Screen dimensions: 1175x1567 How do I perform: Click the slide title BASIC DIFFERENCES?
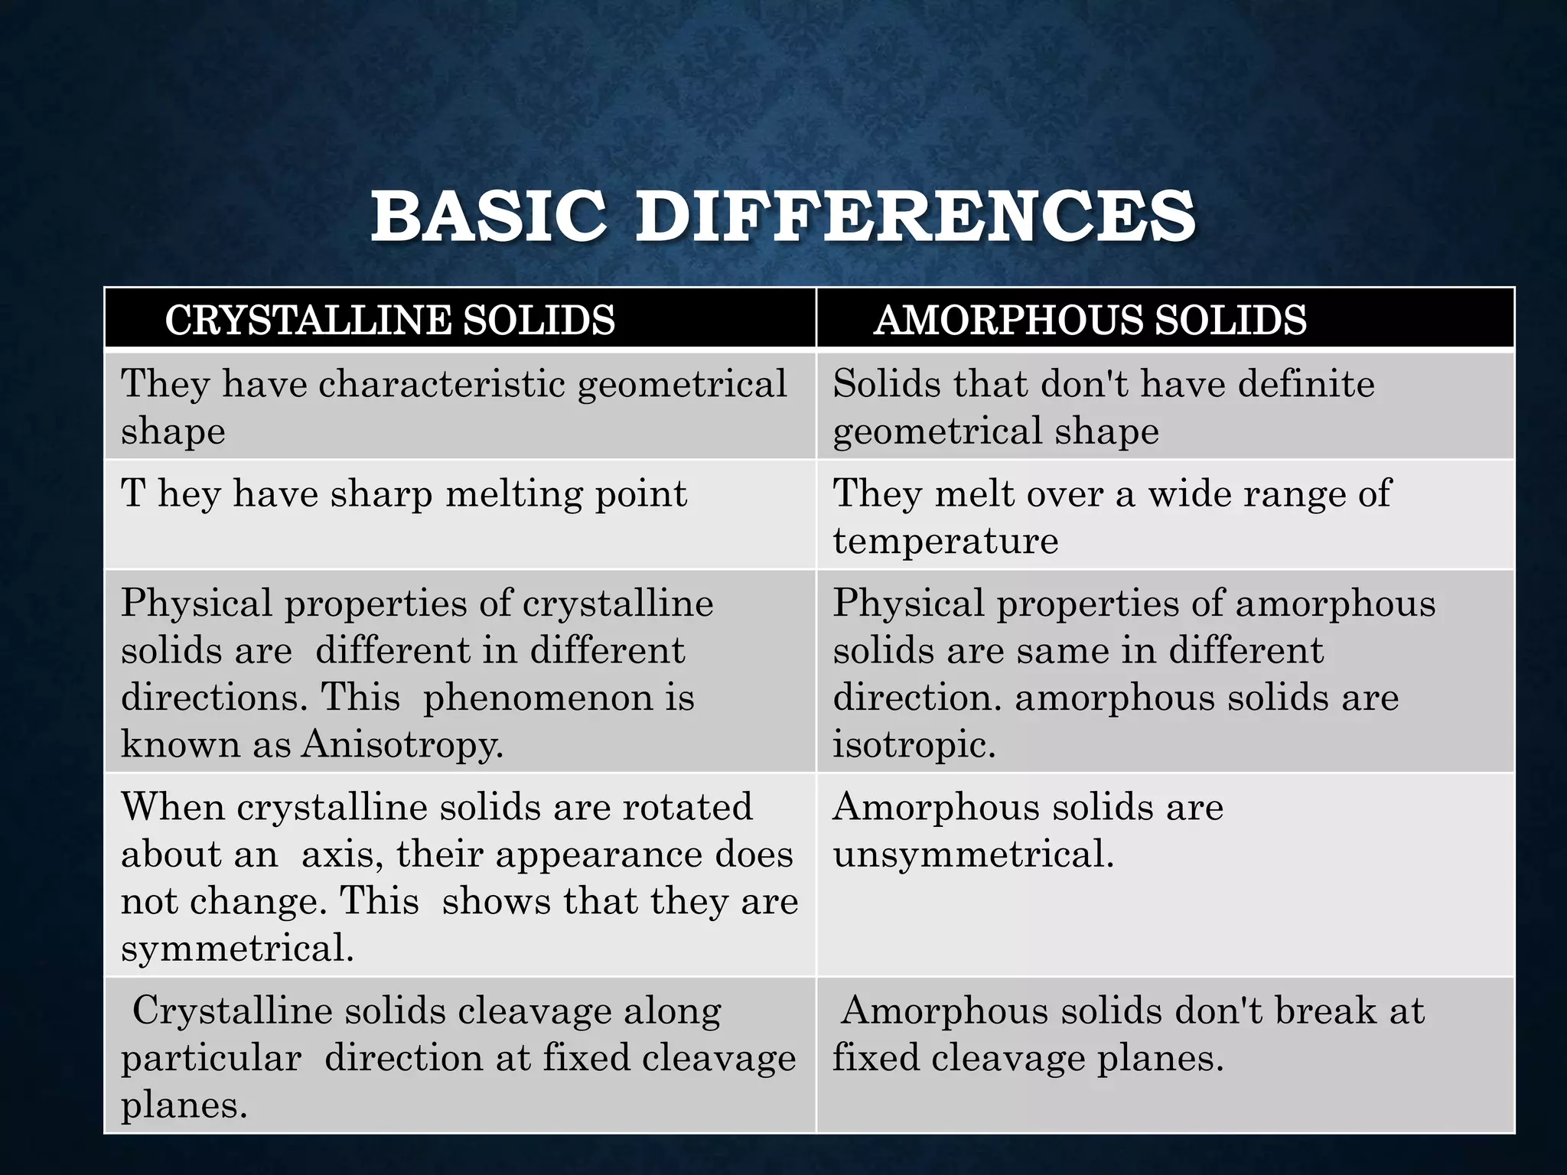783,217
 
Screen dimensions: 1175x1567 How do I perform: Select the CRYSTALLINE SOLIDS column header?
389,320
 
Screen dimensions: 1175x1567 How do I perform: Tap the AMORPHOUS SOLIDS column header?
1090,320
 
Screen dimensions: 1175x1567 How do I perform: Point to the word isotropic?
914,744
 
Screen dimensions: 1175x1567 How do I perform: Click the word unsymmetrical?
972,854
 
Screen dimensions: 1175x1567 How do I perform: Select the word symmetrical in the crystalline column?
237,949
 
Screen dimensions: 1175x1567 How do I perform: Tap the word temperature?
945,541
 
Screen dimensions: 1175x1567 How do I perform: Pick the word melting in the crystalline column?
513,493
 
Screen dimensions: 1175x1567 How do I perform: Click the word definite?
1305,383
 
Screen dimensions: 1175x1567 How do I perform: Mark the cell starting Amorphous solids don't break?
1165,1054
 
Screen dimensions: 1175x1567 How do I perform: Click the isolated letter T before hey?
133,493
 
